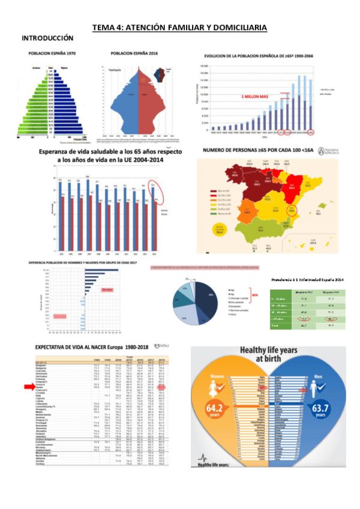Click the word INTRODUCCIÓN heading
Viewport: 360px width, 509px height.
(x=47, y=37)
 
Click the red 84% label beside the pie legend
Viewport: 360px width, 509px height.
(x=254, y=295)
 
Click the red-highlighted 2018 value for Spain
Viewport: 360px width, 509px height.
(x=179, y=388)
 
